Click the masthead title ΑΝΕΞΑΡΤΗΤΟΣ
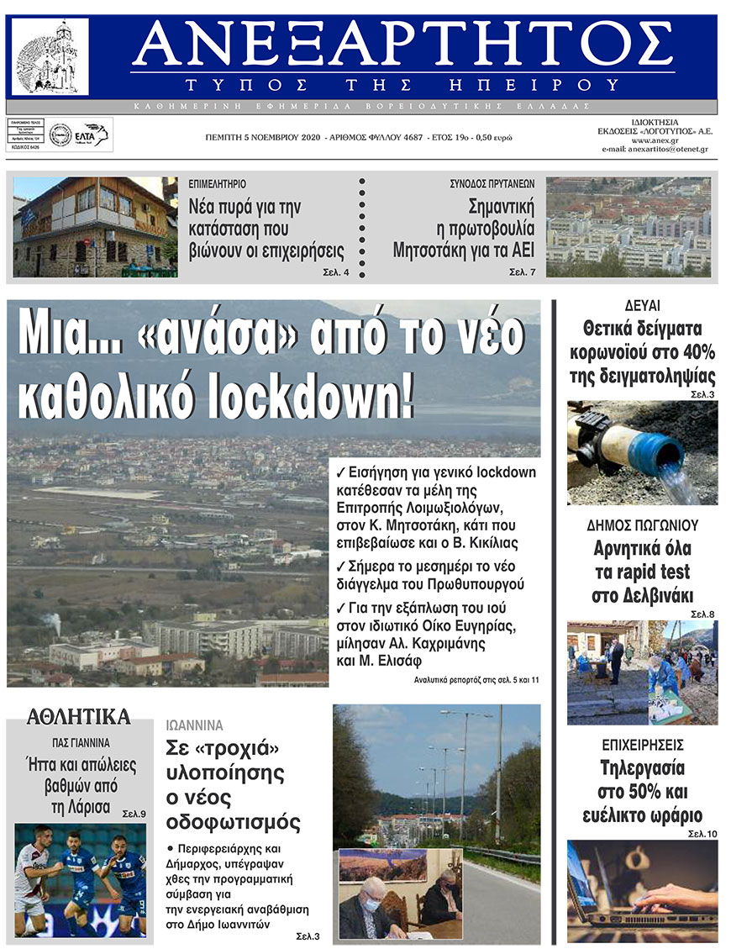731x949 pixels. tap(403, 45)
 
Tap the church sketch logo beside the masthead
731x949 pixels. tap(51, 57)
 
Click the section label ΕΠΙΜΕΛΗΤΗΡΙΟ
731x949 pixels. tap(217, 183)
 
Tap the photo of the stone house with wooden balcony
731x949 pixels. tap(95, 227)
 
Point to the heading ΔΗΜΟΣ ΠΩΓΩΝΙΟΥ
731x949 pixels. tap(642, 526)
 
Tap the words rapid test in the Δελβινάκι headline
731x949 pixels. tap(642, 572)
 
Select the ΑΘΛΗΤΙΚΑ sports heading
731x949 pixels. tap(78, 717)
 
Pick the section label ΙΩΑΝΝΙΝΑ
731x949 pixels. tap(194, 725)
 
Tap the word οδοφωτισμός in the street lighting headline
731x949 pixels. tap(233, 821)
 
